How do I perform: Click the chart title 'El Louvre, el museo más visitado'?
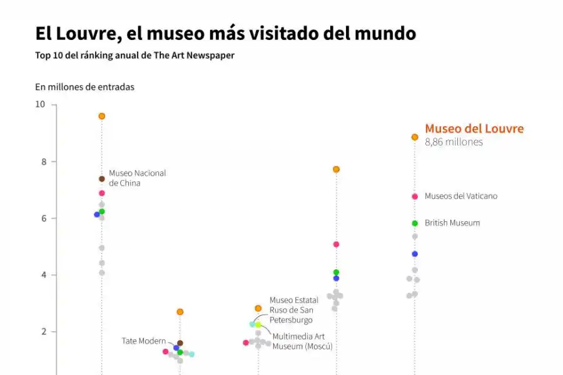(225, 33)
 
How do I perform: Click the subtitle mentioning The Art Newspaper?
(134, 56)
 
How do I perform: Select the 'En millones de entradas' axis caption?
(84, 87)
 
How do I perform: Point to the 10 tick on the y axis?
(40, 104)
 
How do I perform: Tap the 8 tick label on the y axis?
(43, 161)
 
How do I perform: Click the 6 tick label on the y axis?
(43, 218)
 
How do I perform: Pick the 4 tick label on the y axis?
(43, 275)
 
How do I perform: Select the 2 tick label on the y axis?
(43, 332)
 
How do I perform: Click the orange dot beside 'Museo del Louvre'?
(415, 137)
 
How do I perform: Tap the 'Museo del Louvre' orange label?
(474, 129)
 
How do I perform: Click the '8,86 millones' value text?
(454, 142)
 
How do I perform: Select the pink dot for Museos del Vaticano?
(415, 196)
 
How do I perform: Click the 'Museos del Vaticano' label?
(461, 196)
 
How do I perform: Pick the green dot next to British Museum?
(415, 223)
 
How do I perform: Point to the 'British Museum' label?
(452, 223)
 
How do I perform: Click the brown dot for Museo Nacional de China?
(102, 179)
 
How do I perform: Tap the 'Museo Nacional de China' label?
(137, 178)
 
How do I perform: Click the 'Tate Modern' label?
(143, 341)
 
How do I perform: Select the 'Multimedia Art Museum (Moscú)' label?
(302, 341)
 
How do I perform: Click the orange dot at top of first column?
(102, 116)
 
